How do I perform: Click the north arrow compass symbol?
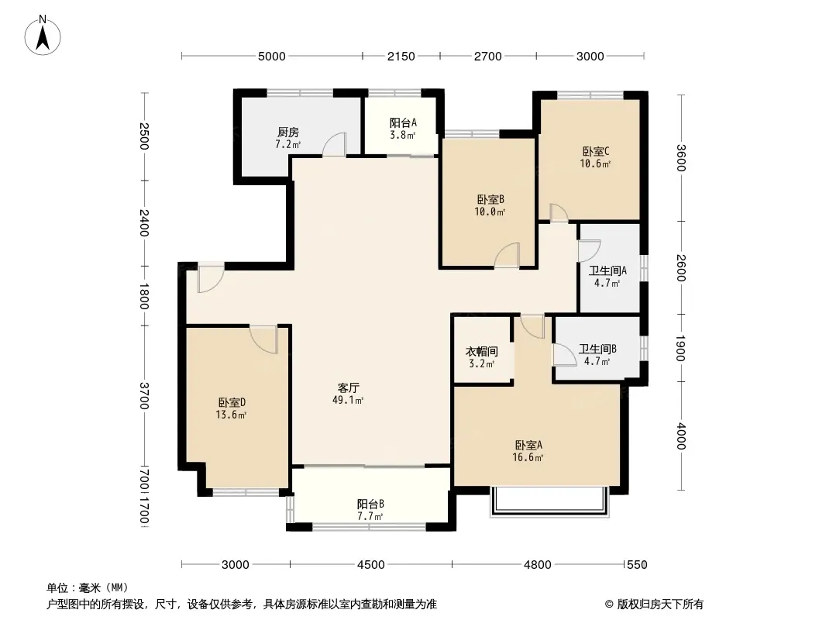(x=43, y=36)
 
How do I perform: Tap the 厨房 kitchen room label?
(x=288, y=133)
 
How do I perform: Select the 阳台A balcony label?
(x=403, y=122)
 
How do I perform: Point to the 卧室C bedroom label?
(x=596, y=152)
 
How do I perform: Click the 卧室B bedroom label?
(x=490, y=200)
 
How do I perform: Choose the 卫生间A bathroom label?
(x=607, y=270)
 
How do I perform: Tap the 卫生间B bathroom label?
(x=597, y=349)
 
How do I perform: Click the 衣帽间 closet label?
(x=481, y=351)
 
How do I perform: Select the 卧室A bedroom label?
(x=528, y=445)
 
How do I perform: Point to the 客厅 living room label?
(x=348, y=387)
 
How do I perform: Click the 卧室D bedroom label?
(x=232, y=402)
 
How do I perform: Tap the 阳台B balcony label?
(x=370, y=504)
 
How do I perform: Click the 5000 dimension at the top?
(x=272, y=57)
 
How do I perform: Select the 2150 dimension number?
(x=401, y=57)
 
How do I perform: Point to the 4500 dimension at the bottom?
(x=371, y=565)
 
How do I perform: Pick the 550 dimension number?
(x=637, y=565)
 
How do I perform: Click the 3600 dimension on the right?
(x=680, y=157)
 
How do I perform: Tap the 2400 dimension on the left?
(x=144, y=223)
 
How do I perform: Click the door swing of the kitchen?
(x=334, y=144)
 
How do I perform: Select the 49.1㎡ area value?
(x=348, y=401)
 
